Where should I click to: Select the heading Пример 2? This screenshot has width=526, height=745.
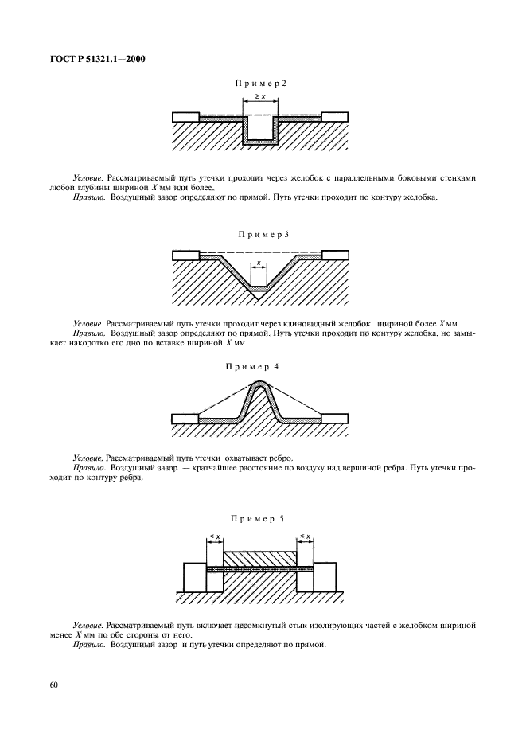[x=260, y=84]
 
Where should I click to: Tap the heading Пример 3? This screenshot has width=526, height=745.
[x=263, y=235]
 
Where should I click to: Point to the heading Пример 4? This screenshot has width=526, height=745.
[x=260, y=367]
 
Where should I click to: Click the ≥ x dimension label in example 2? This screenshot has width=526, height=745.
[x=260, y=97]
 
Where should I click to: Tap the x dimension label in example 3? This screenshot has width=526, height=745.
[x=259, y=262]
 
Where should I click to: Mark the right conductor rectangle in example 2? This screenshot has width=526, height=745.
[x=335, y=116]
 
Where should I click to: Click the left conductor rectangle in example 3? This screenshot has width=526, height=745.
[x=185, y=255]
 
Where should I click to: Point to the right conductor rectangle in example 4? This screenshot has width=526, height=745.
[x=335, y=418]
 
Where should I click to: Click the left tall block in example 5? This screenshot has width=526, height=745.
[x=194, y=576]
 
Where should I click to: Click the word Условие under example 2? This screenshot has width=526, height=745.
[x=87, y=179]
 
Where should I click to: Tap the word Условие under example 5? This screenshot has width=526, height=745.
[x=87, y=626]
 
